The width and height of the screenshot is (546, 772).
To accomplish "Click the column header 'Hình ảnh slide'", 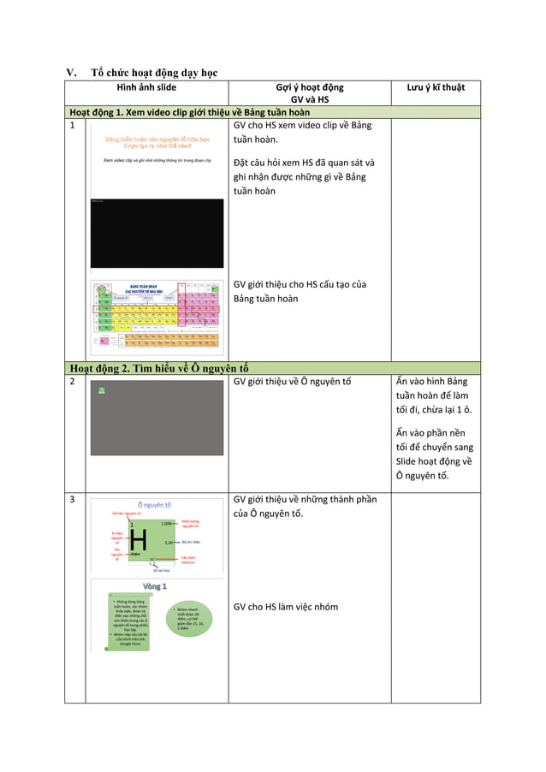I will [146, 87].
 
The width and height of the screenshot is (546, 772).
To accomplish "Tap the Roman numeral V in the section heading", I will [72, 72].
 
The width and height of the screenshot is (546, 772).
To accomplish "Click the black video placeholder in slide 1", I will [157, 233].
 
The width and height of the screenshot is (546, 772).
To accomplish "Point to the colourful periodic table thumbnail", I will [157, 318].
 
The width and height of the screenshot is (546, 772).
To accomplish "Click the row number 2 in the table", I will [74, 381].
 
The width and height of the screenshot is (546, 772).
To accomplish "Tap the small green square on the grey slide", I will [101, 390].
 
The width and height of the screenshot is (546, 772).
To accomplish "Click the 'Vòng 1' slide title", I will [154, 586].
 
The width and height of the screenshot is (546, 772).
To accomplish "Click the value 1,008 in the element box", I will [168, 523].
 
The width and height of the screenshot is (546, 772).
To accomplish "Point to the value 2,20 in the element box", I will [169, 543].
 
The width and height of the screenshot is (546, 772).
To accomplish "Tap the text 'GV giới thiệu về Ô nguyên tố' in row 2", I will [292, 382].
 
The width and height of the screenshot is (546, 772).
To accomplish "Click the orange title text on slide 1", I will [157, 141].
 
